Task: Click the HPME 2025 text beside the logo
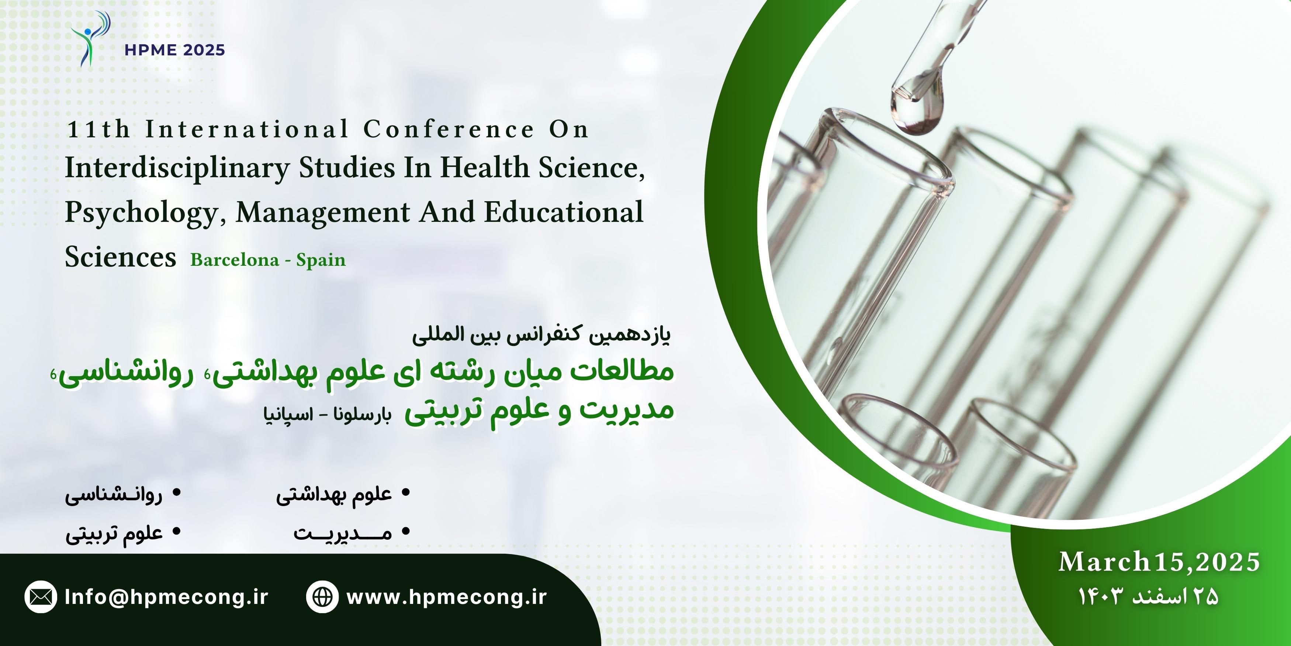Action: (175, 50)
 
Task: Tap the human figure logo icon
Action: (90, 39)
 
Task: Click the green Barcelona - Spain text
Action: (268, 260)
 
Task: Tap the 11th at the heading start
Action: (98, 130)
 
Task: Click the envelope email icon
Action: (41, 597)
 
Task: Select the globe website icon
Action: (322, 597)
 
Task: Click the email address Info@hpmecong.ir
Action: (167, 597)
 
